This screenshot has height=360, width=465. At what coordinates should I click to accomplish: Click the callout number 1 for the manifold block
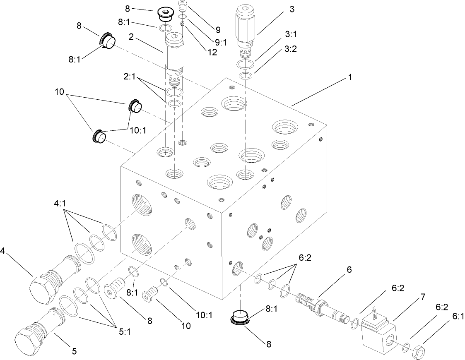tap(350, 77)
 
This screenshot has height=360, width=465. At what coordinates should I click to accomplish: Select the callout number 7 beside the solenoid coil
tap(400, 297)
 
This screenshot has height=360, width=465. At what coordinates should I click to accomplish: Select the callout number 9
tap(217, 29)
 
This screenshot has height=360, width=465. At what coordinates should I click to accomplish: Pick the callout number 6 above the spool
tap(349, 269)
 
